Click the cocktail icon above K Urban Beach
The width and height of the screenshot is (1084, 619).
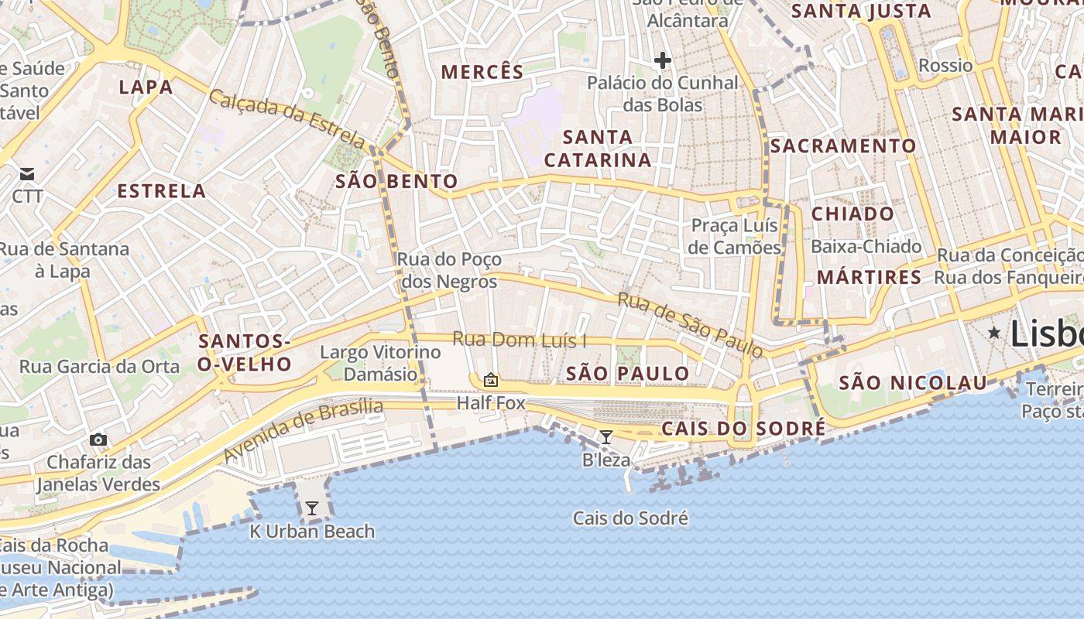coord(312,508)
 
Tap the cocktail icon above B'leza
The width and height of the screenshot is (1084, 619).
coord(606,437)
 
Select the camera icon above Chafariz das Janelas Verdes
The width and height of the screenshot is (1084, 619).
coord(98,439)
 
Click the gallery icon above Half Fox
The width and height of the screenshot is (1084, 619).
coord(490,380)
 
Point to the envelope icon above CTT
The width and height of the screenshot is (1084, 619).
coord(28,173)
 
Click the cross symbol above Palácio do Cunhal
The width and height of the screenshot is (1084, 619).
coord(662,60)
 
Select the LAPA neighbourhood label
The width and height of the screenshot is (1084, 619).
coord(146,87)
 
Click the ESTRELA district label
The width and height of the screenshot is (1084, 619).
coord(161,191)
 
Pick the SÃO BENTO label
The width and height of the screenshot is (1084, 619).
coord(396,182)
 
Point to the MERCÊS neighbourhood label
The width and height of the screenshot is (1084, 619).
coord(482,73)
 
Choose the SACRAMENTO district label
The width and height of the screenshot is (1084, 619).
coord(843,145)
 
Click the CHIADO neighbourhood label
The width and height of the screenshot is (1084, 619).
coord(852,214)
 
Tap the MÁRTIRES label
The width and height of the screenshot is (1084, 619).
coord(869,277)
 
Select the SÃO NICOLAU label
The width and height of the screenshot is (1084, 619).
coord(913,382)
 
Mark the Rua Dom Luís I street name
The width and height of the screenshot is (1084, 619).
coord(519,339)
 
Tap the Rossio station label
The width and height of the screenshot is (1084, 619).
coord(945,65)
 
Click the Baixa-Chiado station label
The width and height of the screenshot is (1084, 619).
coord(866,247)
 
